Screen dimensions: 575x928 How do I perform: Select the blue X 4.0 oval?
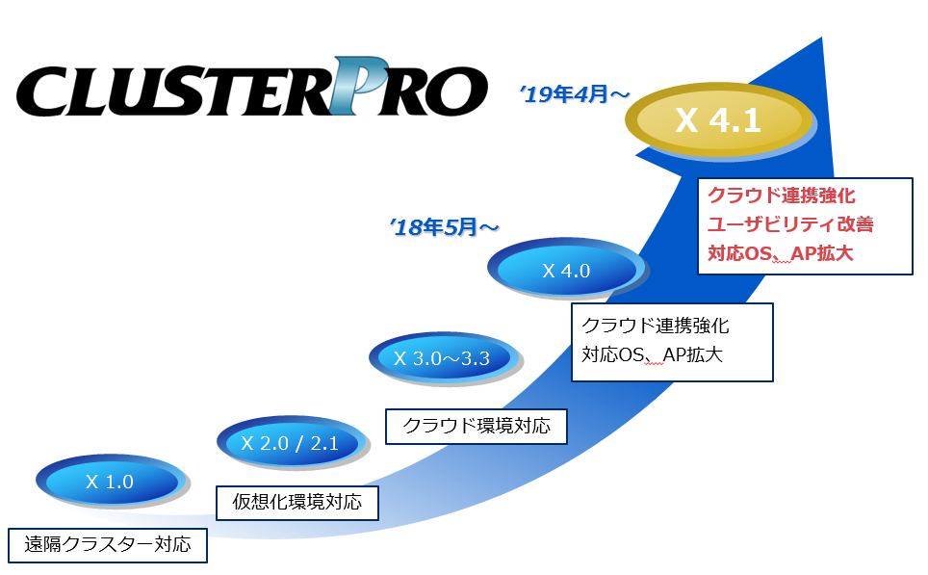tap(565, 271)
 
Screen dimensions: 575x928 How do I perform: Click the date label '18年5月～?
tap(445, 227)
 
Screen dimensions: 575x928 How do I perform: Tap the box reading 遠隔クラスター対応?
tap(108, 544)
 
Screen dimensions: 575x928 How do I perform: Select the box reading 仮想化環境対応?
tap(296, 502)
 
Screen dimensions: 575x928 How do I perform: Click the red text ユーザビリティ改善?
tap(789, 224)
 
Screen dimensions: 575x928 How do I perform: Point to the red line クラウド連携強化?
tap(781, 196)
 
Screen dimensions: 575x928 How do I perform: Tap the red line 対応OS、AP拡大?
tap(781, 254)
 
